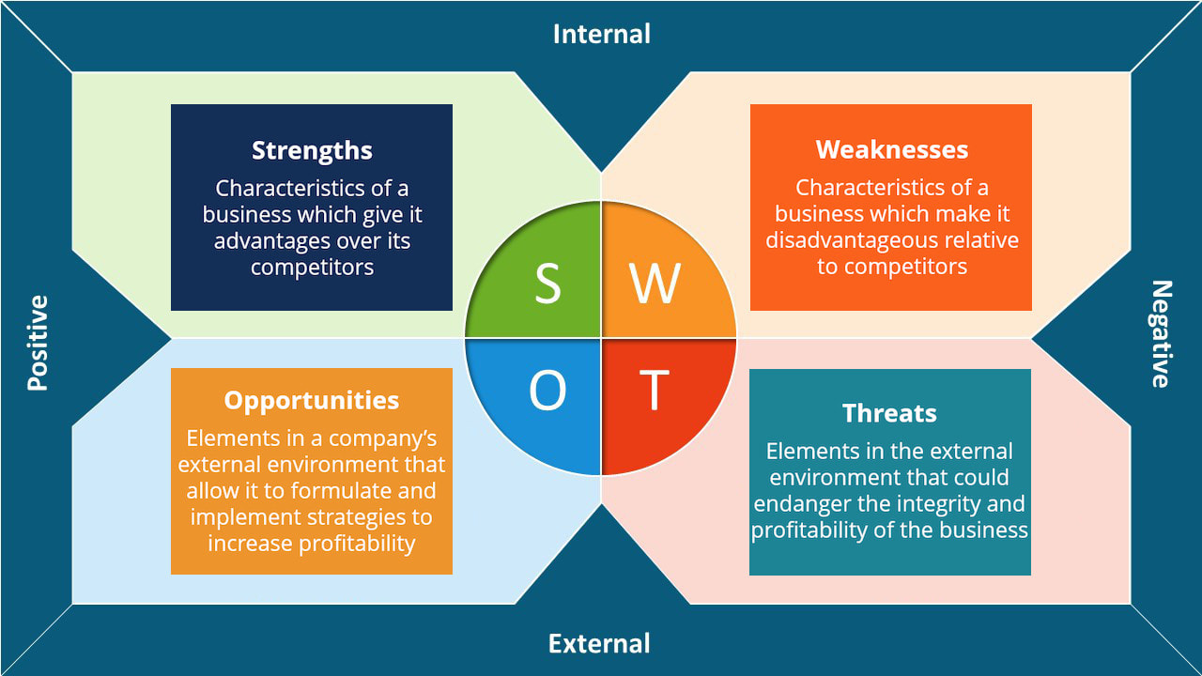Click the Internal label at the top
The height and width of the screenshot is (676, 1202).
point(601,34)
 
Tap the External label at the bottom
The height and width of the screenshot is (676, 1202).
point(599,643)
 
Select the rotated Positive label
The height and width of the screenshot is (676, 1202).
point(38,343)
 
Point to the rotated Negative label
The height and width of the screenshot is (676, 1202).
point(1162,334)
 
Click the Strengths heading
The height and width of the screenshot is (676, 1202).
point(312,150)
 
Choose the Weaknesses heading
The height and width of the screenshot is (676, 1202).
point(891,149)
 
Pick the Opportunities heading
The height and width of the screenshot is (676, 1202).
point(312,400)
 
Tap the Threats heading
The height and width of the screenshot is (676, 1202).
point(889,413)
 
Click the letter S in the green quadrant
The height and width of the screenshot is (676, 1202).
point(547,283)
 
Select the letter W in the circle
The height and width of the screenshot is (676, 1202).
point(655,283)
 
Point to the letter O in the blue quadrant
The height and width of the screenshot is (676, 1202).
point(547,391)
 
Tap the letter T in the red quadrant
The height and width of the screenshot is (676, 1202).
point(655,391)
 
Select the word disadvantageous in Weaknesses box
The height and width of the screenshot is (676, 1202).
point(843,240)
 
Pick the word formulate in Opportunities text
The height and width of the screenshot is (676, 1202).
point(336,490)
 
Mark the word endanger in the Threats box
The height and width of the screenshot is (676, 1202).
point(801,503)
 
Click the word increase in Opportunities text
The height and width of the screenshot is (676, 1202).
point(249,544)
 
